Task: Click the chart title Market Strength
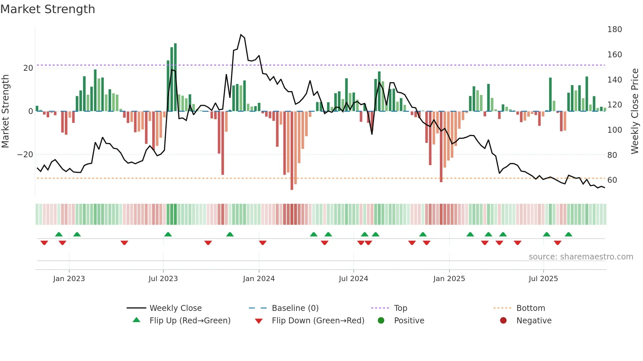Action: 48,9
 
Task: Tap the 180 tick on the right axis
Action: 614,29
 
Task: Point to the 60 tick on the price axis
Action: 612,180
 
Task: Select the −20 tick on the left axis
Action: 25,155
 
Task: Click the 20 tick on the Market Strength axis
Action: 28,68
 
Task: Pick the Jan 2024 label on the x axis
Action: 259,279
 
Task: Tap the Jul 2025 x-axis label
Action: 543,279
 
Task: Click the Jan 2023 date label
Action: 69,279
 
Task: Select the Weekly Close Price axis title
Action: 635,111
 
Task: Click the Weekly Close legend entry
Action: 175,308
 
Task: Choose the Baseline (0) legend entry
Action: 295,308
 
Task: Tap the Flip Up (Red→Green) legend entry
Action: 190,321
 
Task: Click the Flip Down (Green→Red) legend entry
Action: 318,321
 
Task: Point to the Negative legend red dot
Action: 503,321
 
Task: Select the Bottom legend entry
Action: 530,308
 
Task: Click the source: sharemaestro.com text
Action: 581,257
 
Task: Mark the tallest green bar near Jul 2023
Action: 175,77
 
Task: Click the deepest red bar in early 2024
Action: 292,151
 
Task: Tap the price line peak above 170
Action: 241,35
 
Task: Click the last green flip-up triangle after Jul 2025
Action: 568,235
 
